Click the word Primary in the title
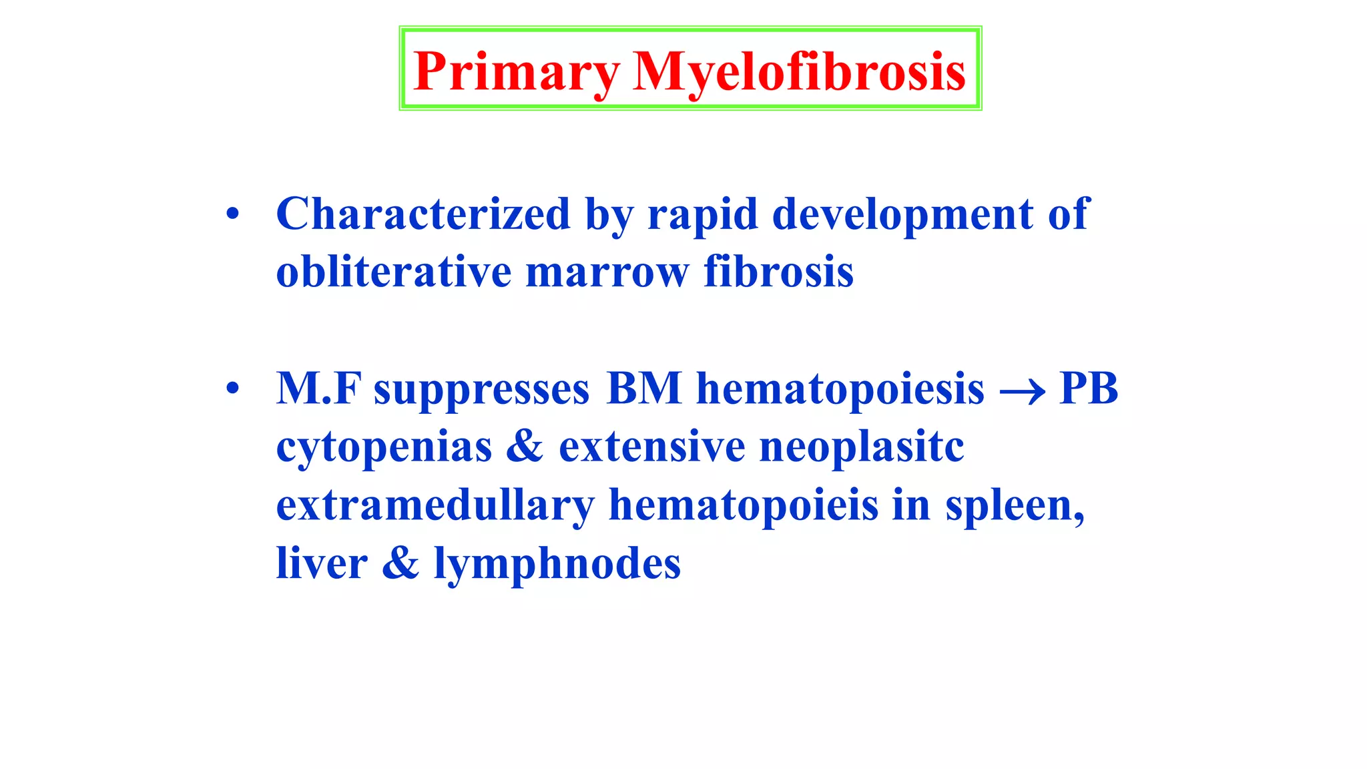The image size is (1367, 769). tap(516, 72)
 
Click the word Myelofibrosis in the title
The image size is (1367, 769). tap(799, 72)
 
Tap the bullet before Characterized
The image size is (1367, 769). tap(232, 214)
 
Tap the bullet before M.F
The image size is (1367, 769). tap(232, 388)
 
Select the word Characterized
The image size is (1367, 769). tap(423, 214)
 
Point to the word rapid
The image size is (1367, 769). tap(703, 216)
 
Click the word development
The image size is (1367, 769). tap(903, 216)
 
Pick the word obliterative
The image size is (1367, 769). tap(394, 272)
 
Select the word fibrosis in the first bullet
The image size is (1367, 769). tap(778, 272)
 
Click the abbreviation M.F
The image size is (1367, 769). tap(318, 388)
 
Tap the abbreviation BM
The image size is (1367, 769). tap(644, 388)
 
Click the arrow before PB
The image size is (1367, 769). tap(1022, 391)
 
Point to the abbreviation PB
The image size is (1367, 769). tap(1089, 388)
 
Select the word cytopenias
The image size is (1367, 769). tap(384, 448)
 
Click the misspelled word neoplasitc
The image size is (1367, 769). tap(862, 447)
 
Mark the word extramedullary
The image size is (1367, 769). tap(435, 506)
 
